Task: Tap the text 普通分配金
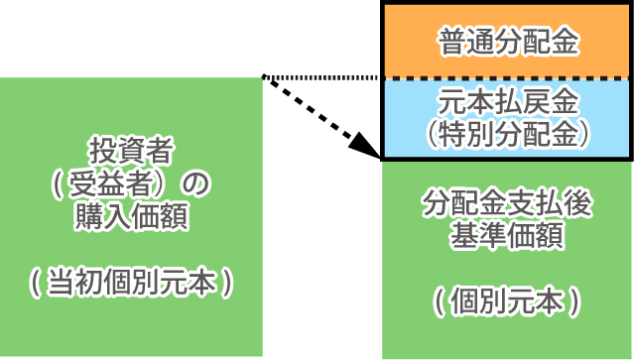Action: tap(507, 43)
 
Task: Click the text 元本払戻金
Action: tap(507, 102)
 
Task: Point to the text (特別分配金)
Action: tap(507, 132)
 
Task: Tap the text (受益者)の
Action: tap(131, 184)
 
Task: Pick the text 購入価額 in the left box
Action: tap(131, 216)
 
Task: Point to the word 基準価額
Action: tap(507, 237)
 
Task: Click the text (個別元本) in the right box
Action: tap(507, 299)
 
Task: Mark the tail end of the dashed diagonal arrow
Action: tap(264, 78)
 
